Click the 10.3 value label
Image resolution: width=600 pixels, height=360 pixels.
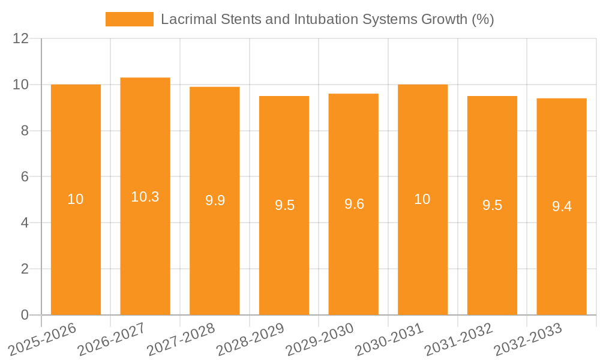pos(145,197)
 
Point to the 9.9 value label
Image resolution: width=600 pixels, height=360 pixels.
pos(215,200)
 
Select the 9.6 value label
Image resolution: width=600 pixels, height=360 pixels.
pos(354,204)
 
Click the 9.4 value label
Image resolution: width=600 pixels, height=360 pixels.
pos(562,206)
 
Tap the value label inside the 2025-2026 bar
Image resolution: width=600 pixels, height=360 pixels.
pos(76,199)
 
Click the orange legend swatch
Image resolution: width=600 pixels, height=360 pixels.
pos(129,19)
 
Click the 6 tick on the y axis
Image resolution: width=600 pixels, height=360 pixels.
pos(25,177)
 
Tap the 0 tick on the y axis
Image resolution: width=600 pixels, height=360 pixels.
pos(25,315)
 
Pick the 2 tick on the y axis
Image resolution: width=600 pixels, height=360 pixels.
pos(25,269)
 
